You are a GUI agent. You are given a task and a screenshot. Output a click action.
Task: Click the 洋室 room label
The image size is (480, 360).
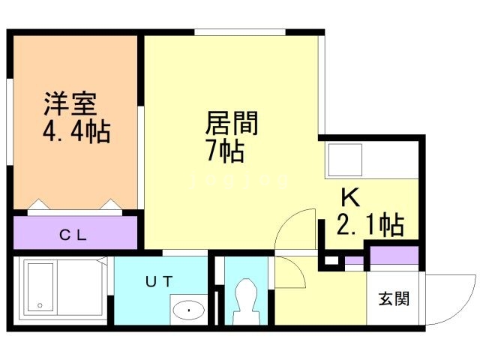coord(70,103)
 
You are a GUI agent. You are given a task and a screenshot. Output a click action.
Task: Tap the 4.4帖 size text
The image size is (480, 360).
coord(76,132)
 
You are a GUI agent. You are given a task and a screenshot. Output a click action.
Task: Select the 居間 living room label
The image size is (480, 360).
coord(232,123)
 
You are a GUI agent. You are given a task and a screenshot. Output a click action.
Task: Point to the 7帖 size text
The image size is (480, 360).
coord(226,150)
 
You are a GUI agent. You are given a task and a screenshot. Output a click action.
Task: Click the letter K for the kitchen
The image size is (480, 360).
coord(350,197)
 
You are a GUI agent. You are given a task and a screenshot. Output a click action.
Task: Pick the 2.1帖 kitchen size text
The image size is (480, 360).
coord(370,225)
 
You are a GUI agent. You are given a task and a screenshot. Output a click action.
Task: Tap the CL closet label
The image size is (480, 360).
coord(73,235)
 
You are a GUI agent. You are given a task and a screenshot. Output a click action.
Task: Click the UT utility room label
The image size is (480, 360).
coord(159,281)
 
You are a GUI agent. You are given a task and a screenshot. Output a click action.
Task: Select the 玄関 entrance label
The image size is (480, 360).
coord(394,298)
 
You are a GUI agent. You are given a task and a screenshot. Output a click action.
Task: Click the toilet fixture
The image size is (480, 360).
coord(247,301)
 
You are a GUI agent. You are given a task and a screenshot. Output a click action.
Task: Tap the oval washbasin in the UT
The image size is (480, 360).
coord(188,310)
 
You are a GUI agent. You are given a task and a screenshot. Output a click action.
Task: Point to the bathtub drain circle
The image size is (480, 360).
coord(40,305)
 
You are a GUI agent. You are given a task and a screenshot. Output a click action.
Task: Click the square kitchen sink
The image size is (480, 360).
coord(345,160)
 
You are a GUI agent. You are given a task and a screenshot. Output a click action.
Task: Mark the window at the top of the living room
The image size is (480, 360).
coord(240,32)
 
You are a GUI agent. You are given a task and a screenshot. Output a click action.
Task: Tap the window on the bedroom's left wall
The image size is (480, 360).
coord(10,122)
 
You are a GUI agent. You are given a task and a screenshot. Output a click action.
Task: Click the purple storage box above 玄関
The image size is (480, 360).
coord(394,255)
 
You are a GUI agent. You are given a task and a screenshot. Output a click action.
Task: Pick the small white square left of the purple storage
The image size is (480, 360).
coord(331,260)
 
